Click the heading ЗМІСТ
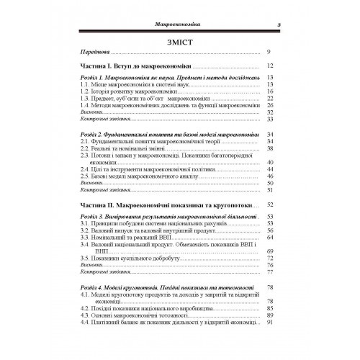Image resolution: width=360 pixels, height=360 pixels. (x=180, y=41)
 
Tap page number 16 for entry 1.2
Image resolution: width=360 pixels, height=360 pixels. (x=269, y=92)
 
